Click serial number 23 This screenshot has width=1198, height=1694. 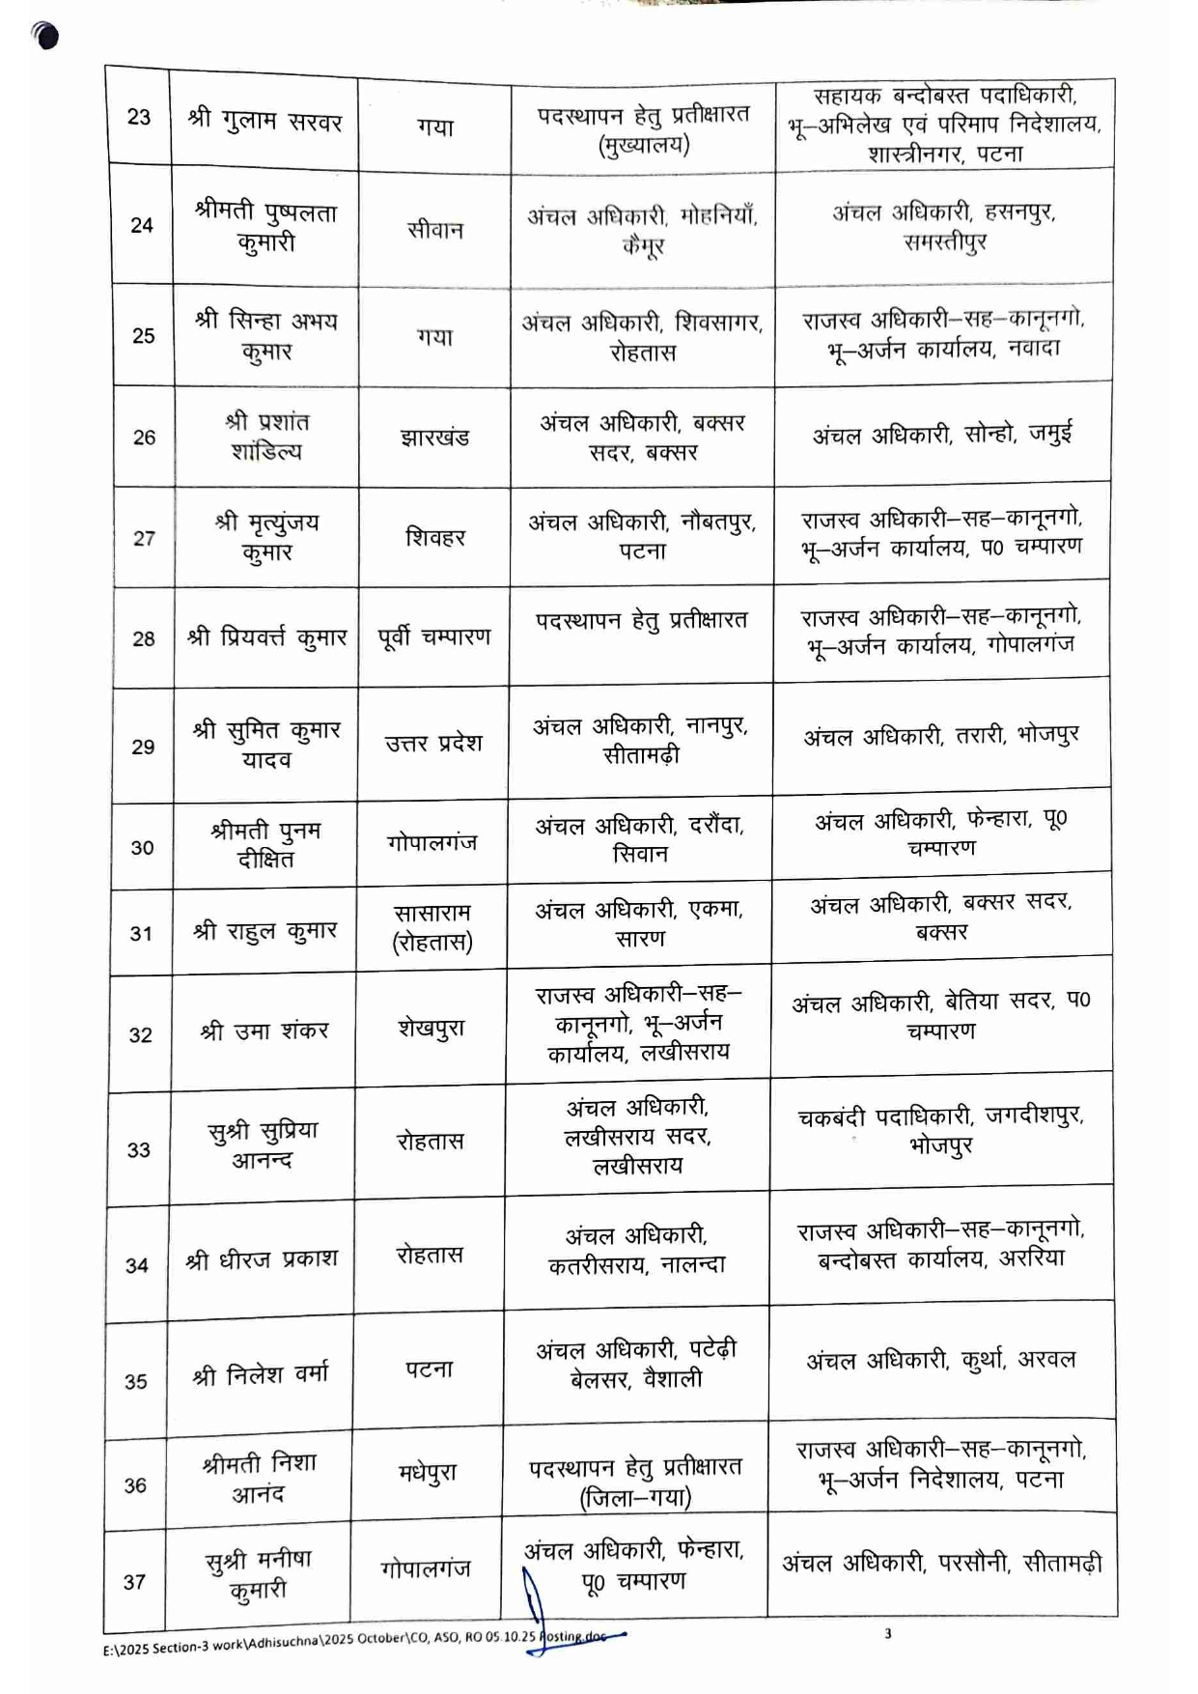(x=139, y=117)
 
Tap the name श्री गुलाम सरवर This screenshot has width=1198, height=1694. (x=265, y=121)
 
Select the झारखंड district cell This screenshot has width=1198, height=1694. (x=434, y=437)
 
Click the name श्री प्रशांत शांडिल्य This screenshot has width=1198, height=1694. (x=266, y=437)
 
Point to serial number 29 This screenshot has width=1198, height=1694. (x=143, y=747)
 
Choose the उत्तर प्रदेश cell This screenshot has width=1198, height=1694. (x=433, y=744)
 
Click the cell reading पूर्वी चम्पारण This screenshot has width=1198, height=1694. (x=434, y=637)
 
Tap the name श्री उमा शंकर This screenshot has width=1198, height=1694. (x=265, y=1031)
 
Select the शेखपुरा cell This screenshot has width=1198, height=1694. (x=432, y=1029)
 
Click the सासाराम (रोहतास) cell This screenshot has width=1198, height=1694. (x=432, y=927)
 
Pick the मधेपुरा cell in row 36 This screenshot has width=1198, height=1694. (x=428, y=1474)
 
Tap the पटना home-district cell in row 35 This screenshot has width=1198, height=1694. (x=430, y=1369)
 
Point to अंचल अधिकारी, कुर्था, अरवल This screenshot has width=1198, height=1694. (x=940, y=1360)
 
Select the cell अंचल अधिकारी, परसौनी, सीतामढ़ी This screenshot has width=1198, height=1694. (x=941, y=1563)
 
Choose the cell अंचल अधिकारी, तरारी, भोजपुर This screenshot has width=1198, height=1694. (x=941, y=736)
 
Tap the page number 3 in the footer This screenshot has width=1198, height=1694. (x=888, y=1633)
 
